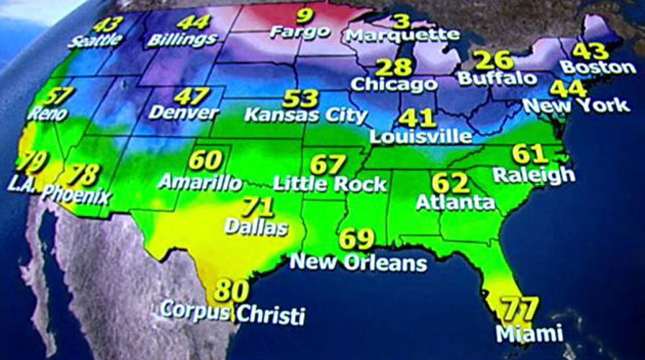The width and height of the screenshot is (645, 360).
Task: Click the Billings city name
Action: [x=182, y=40]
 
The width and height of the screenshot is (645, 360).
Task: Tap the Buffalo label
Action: [x=497, y=77]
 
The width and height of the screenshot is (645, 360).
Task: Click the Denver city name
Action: [x=184, y=113]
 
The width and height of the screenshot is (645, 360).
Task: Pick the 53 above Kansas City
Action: [x=301, y=99]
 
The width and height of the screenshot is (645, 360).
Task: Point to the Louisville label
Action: [x=421, y=135]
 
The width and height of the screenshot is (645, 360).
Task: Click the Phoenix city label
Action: [x=76, y=194]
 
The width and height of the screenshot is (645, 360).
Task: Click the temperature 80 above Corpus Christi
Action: [x=232, y=291]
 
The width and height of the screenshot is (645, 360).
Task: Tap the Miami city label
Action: [x=530, y=333]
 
